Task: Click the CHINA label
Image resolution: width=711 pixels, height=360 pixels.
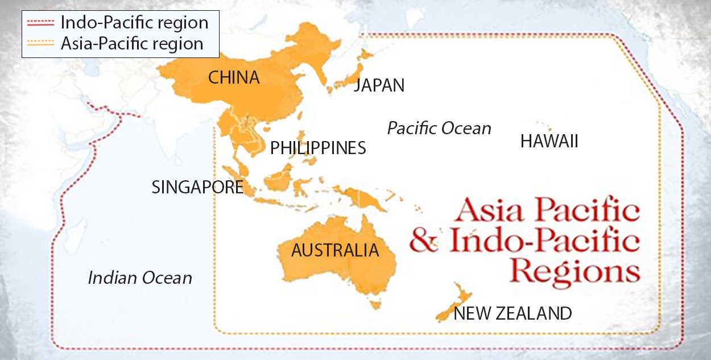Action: click(x=234, y=78)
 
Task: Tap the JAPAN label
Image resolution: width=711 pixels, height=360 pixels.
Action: click(x=379, y=86)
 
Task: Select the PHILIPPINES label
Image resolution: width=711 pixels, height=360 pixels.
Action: click(x=318, y=148)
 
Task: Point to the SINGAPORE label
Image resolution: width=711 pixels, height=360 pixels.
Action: click(x=197, y=187)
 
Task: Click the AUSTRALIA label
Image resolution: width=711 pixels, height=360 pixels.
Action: click(x=335, y=250)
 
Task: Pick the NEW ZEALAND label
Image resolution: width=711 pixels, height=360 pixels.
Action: click(x=512, y=313)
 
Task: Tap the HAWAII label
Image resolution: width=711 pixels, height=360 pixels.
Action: click(x=549, y=142)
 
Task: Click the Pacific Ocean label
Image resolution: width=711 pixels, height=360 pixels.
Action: click(x=439, y=129)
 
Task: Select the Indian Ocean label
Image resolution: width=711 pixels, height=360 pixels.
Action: click(x=140, y=278)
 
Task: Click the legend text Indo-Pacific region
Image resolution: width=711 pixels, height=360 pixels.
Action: click(x=135, y=23)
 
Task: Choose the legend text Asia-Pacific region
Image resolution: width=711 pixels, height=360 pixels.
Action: click(x=132, y=43)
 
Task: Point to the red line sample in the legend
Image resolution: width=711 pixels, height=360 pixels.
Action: click(x=41, y=23)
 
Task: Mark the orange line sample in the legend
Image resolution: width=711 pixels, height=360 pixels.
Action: click(x=41, y=43)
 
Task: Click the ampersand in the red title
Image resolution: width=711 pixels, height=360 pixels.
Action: click(x=424, y=242)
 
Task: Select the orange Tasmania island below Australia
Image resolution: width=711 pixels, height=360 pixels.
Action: click(x=374, y=305)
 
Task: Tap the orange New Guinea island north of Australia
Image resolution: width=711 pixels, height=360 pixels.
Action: click(x=364, y=198)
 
